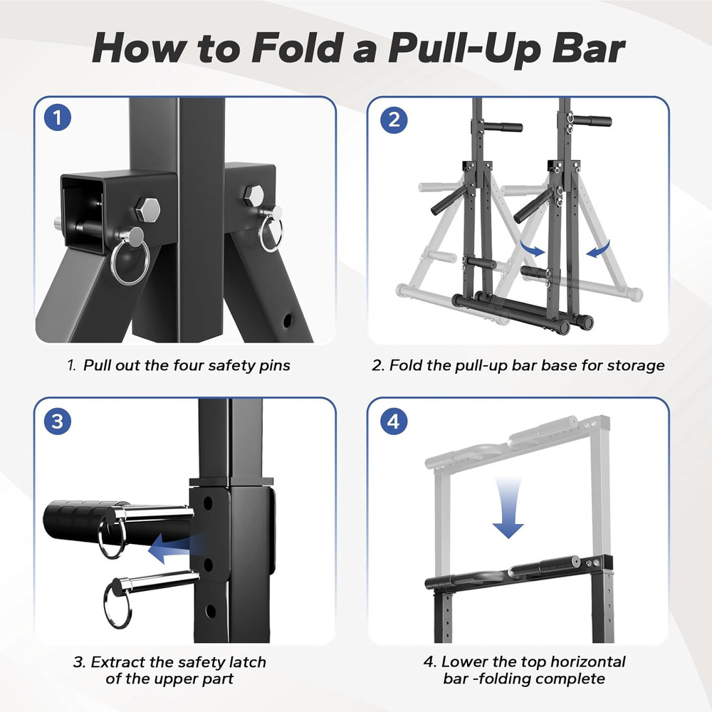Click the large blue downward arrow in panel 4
coord(508,509)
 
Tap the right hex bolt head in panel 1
coord(253,194)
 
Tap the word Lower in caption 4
coord(464,661)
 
